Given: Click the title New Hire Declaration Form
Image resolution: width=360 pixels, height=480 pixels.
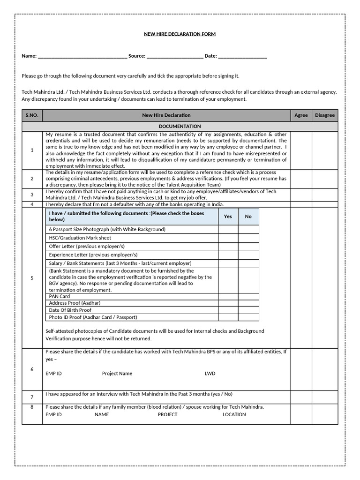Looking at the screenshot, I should (180, 34).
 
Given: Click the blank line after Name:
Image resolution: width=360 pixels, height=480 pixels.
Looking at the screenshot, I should (82, 56).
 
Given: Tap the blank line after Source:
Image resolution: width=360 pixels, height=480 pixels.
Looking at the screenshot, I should (175, 56).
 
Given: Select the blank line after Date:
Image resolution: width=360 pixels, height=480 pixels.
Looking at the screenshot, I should (242, 56).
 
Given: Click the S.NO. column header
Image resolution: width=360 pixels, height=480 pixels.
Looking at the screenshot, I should (32, 115).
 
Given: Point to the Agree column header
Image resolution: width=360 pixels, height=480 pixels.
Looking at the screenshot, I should (301, 115).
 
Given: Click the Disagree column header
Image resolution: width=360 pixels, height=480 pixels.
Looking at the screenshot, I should (325, 115).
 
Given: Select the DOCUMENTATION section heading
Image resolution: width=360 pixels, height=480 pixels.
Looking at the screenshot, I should (180, 127).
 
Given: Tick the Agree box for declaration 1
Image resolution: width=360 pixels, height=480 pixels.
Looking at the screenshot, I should (301, 150).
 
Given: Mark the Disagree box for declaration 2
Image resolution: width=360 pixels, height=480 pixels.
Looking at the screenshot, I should (325, 179).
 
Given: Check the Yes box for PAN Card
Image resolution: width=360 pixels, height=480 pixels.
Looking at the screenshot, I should (228, 296).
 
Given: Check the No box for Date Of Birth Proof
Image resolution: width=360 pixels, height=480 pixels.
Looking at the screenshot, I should (248, 310).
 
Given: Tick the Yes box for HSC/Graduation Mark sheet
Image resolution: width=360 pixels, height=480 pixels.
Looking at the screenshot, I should (228, 238).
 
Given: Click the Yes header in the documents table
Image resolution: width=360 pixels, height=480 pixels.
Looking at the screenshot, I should (228, 217).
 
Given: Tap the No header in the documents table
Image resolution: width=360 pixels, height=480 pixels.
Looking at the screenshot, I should (248, 217).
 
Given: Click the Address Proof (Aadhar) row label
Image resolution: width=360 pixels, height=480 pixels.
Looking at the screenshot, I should (75, 303).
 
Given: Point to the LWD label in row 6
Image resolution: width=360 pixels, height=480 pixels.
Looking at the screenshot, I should (210, 374).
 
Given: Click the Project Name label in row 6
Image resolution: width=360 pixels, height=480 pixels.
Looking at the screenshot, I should (117, 374).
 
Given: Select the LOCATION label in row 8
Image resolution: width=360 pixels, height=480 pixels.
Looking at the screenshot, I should (234, 414).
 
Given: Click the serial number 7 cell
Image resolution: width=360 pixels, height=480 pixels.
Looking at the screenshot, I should (32, 397).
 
